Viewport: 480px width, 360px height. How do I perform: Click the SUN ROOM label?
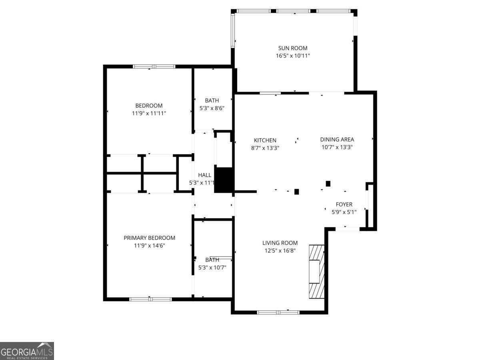click(292, 48)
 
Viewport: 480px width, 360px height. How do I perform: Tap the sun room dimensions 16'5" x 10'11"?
click(293, 56)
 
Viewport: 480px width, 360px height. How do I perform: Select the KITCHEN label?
click(265, 140)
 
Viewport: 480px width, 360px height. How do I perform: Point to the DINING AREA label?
click(337, 140)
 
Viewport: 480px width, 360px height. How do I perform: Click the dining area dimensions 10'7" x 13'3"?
click(337, 147)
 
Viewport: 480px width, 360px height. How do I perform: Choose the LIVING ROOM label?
click(280, 243)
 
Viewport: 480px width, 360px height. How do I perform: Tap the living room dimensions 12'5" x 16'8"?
click(280, 250)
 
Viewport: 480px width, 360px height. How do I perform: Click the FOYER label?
click(344, 204)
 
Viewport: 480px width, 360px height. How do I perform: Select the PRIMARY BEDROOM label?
click(149, 238)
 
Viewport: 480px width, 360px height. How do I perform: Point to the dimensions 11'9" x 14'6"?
click(149, 246)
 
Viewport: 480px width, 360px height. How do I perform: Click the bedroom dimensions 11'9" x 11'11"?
click(149, 113)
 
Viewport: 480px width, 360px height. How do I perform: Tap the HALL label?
click(204, 175)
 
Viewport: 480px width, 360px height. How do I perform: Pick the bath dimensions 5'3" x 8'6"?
click(212, 108)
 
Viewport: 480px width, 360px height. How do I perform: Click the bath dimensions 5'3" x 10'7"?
click(212, 267)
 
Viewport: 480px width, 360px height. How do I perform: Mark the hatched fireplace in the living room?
click(316, 272)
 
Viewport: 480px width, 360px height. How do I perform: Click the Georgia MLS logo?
click(27, 351)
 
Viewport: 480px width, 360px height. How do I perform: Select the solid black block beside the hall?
click(224, 180)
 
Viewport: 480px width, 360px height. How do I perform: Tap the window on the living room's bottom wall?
click(278, 312)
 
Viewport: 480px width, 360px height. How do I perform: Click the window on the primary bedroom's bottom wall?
click(150, 299)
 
